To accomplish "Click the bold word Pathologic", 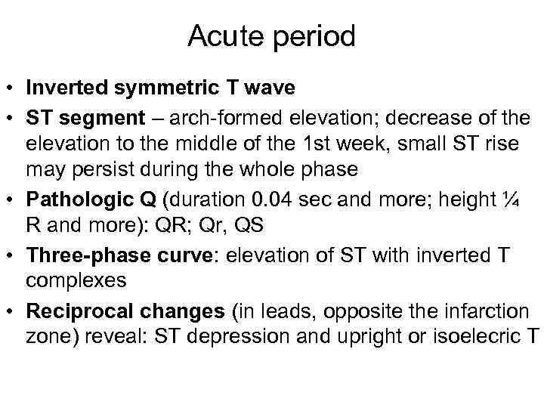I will coord(70,200).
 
